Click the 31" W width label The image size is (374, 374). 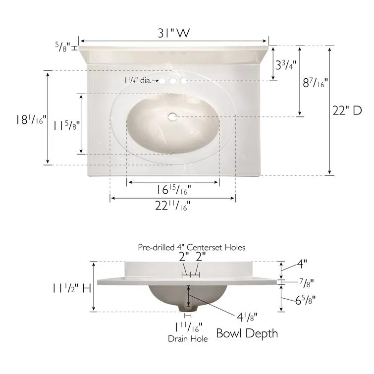click(174, 33)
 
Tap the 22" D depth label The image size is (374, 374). click(347, 110)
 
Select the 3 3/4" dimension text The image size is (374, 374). click(286, 64)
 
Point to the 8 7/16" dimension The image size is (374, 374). click(315, 83)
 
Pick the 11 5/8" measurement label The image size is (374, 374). click(66, 125)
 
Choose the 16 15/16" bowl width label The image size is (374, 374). click(174, 190)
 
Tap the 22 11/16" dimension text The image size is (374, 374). click(173, 206)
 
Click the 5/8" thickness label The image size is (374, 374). click(63, 47)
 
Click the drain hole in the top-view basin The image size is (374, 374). click(172, 116)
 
